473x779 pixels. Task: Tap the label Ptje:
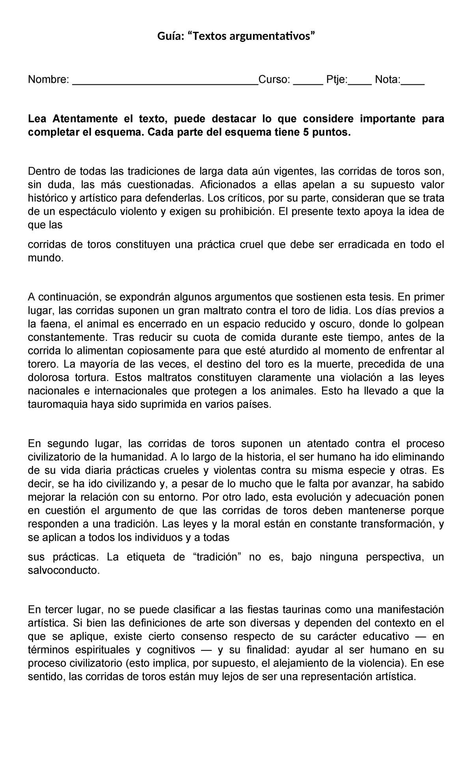pyautogui.click(x=337, y=80)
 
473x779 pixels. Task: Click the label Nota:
pyautogui.click(x=387, y=80)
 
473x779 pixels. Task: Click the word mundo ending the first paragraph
pyautogui.click(x=45, y=258)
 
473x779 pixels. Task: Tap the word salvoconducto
pyautogui.click(x=64, y=570)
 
